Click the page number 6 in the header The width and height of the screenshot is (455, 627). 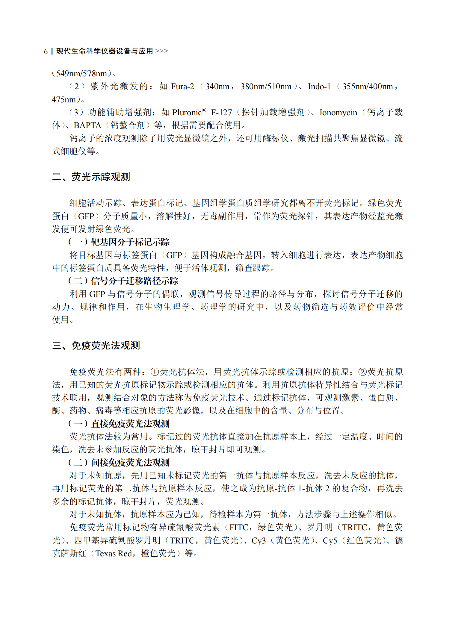pos(46,52)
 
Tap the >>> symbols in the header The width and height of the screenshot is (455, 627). pos(162,51)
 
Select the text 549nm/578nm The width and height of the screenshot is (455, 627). pos(81,74)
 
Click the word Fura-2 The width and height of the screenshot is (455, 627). pos(182,87)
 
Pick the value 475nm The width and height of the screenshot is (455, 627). pos(64,100)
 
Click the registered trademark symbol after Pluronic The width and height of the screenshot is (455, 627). pos(204,110)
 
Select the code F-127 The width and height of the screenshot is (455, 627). pos(221,113)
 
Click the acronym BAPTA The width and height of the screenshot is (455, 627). pos(87,125)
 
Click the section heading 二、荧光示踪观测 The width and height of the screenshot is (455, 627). pos(91,177)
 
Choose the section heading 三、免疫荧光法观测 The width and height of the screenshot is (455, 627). pos(96,346)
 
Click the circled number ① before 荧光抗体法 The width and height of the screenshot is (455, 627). pos(154,372)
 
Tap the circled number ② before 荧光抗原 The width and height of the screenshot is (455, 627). pos(362,372)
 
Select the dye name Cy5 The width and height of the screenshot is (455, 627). pos(330,541)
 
